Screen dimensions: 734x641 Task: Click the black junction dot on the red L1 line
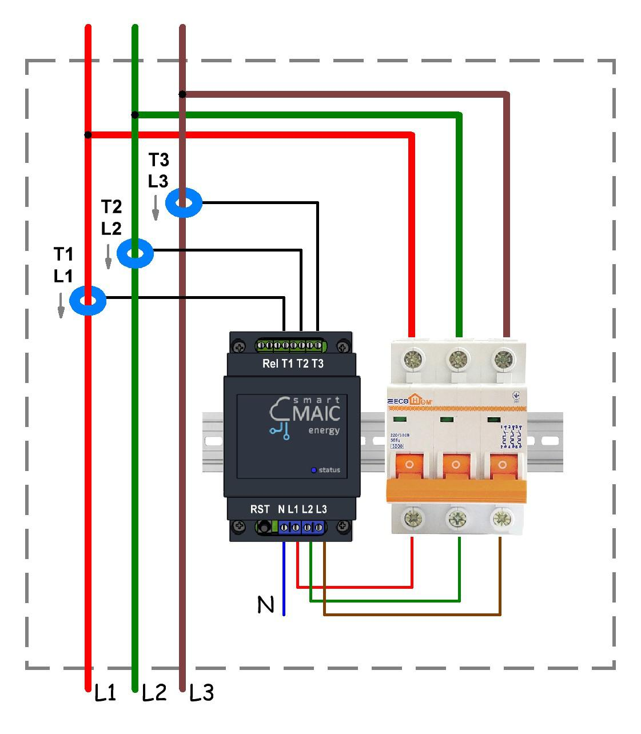point(87,135)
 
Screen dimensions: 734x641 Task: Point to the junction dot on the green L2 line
point(135,115)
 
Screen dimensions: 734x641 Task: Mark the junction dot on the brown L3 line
point(182,94)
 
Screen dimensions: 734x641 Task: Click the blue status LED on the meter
point(313,470)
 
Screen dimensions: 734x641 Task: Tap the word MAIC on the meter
point(316,413)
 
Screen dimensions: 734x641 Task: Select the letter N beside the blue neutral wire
point(266,604)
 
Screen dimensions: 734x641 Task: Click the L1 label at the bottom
point(105,693)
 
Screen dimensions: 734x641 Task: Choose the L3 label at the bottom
point(201,693)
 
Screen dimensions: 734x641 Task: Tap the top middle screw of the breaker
point(456,360)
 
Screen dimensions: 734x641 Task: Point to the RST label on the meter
point(260,509)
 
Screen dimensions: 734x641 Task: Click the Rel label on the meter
point(269,364)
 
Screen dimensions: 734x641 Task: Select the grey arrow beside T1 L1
point(61,305)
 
